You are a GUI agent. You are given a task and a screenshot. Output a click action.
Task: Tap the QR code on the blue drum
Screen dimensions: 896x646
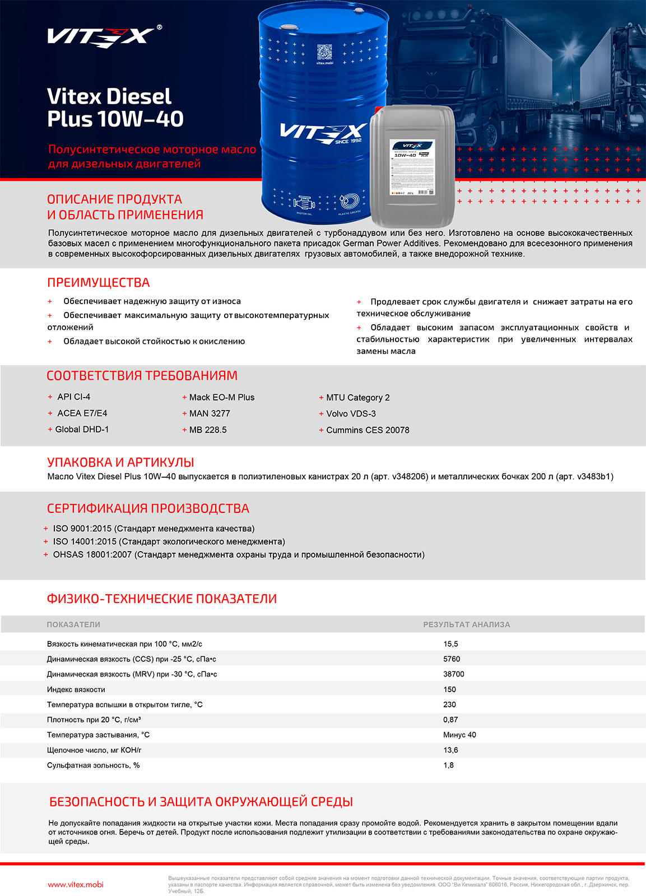coord(324,53)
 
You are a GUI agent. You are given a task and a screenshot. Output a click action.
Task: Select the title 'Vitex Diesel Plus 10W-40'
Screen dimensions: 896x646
coord(115,108)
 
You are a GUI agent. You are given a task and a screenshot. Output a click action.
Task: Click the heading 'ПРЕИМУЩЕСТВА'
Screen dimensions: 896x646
coord(99,283)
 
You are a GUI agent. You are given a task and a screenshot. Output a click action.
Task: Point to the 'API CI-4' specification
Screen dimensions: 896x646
coord(73,397)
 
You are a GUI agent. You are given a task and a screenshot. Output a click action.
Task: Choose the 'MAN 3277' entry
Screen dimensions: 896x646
coord(210,414)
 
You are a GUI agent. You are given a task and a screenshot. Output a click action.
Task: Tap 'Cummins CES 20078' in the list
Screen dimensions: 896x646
coord(368,430)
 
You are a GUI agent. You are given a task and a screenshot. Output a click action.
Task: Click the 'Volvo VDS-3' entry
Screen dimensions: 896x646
coord(351,414)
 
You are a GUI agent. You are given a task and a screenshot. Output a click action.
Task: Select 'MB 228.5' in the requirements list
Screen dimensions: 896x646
coord(208,430)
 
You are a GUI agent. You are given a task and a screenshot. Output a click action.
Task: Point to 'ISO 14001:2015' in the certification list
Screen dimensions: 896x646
coord(85,542)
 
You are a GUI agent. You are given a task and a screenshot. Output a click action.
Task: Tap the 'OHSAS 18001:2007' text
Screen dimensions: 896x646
coord(92,555)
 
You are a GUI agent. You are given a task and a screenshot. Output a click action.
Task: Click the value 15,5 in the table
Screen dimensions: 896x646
coord(450,644)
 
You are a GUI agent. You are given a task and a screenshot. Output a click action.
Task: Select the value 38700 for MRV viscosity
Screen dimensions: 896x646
coord(453,674)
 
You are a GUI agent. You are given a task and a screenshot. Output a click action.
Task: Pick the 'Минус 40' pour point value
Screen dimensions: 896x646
coord(459,735)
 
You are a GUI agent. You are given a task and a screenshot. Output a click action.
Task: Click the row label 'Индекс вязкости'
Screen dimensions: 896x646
coord(76,689)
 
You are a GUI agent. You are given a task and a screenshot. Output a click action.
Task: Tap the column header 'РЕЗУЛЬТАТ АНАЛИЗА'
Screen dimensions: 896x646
coord(466,624)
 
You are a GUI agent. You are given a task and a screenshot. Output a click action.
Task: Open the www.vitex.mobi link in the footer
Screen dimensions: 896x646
coord(76,885)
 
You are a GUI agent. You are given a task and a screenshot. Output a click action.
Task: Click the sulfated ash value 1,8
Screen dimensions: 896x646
coord(448,765)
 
